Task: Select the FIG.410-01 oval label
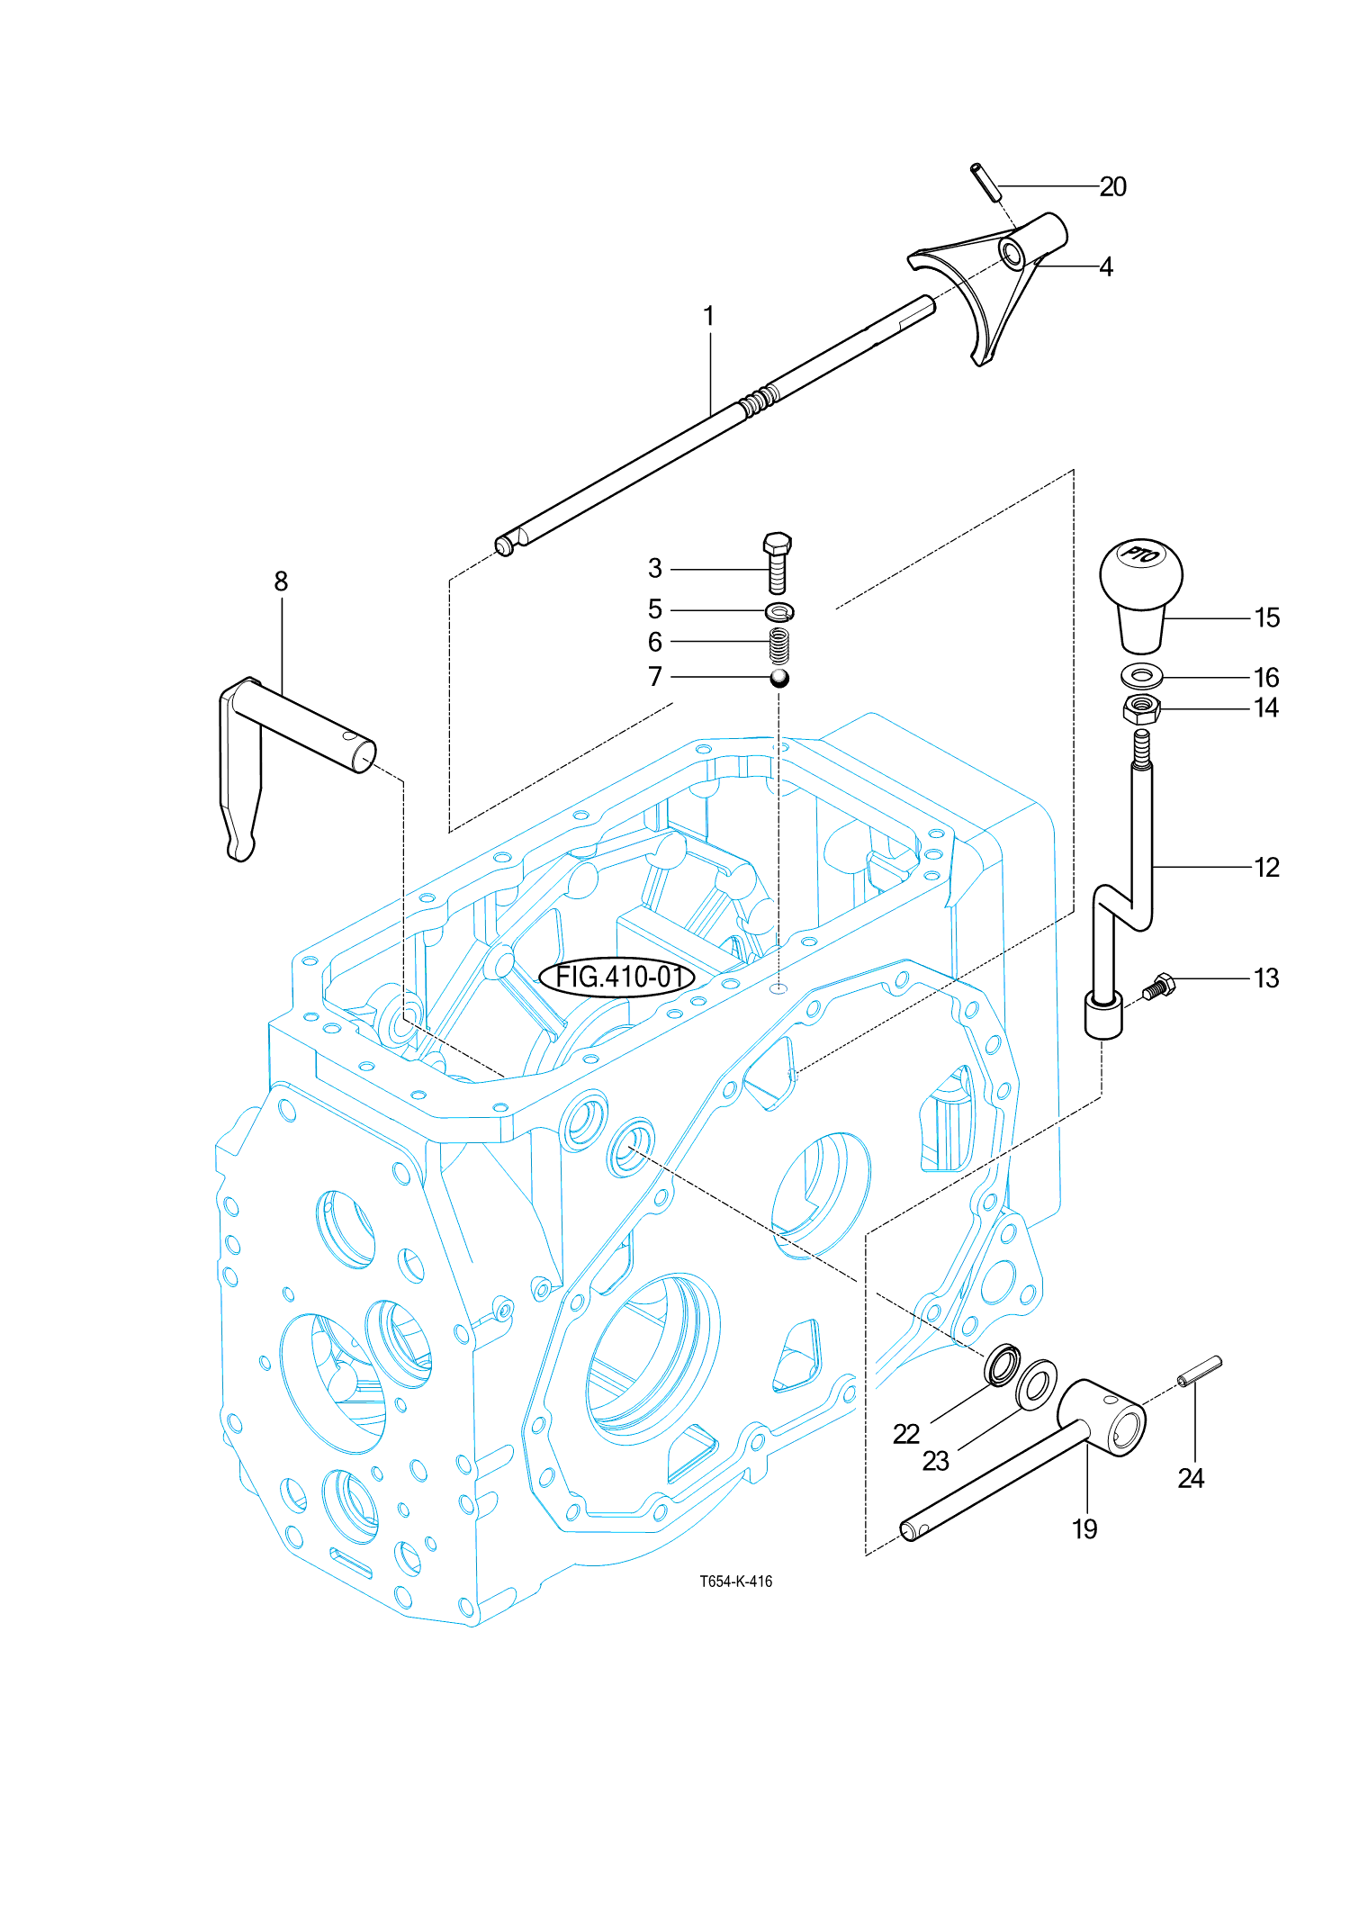click(x=617, y=977)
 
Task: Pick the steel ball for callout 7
click(x=779, y=678)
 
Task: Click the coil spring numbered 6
click(x=779, y=645)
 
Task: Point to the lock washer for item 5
click(x=779, y=612)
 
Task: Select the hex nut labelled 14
click(x=1141, y=709)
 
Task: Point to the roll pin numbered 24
click(x=1199, y=1372)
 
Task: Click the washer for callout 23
click(x=1036, y=1384)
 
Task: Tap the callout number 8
click(x=281, y=581)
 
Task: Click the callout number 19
click(x=1084, y=1528)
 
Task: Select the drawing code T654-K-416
click(x=735, y=1582)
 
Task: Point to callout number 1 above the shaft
click(x=709, y=317)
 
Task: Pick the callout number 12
click(x=1266, y=867)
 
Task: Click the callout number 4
click(x=1106, y=266)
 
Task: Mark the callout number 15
click(x=1266, y=617)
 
